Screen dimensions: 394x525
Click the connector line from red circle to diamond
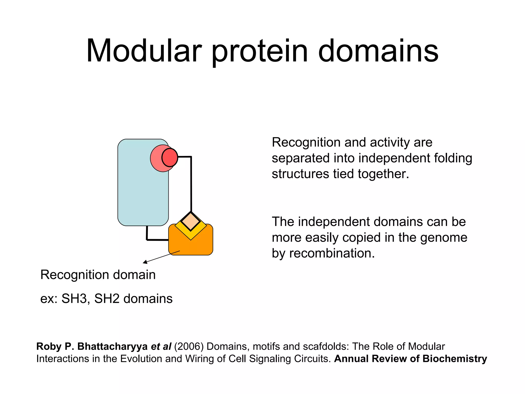(x=191, y=185)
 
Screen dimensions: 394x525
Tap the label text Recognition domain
(x=98, y=275)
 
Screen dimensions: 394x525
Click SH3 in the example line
(x=74, y=299)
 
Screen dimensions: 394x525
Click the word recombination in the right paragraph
(x=332, y=253)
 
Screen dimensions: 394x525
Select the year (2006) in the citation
(x=189, y=347)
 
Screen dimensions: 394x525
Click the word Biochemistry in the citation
(x=455, y=359)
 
